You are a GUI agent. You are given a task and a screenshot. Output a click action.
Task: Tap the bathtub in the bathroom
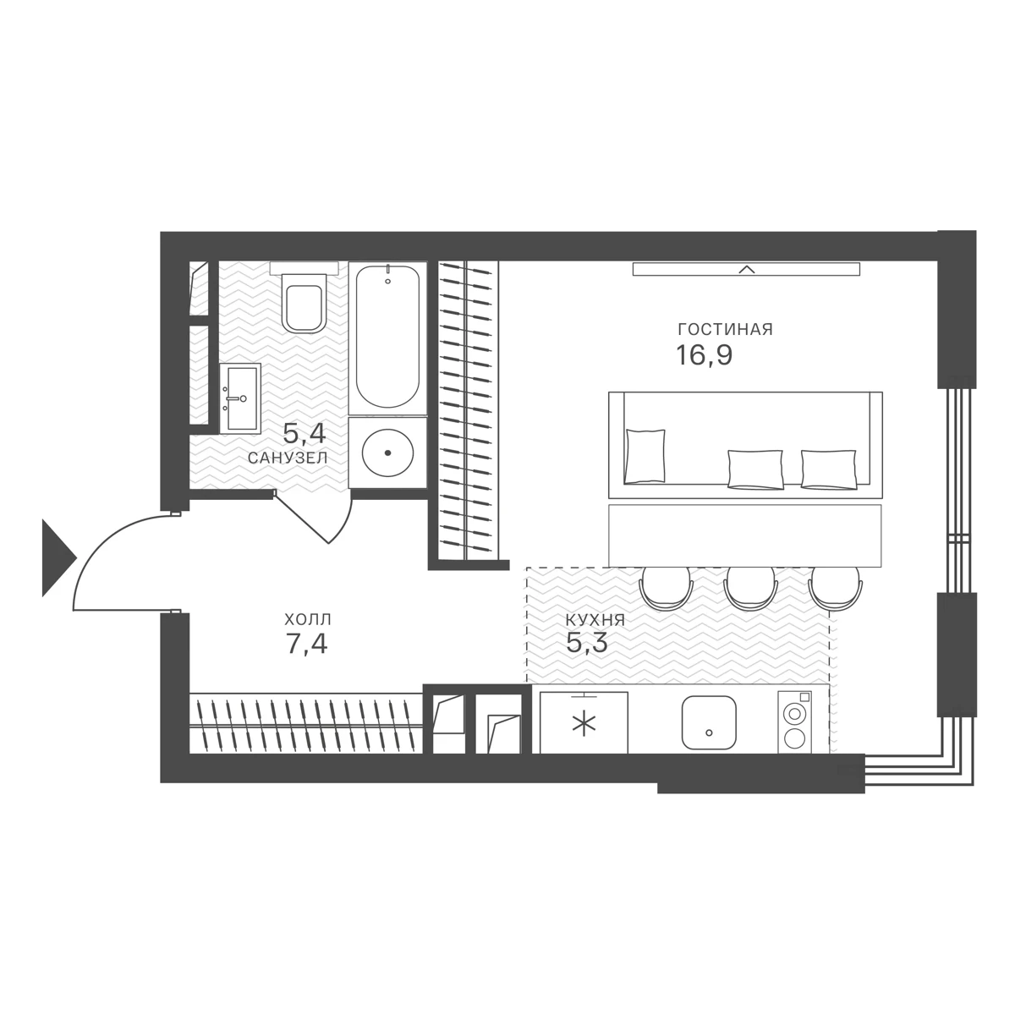[x=387, y=337]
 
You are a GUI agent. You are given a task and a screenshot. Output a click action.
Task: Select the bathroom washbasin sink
[x=241, y=398]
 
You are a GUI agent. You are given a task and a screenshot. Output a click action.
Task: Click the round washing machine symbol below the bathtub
[x=387, y=453]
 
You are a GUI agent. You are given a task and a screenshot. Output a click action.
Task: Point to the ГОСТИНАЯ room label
[x=725, y=330]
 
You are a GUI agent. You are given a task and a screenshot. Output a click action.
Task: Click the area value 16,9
[x=705, y=355]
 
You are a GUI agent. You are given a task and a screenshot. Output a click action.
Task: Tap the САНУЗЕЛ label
[x=288, y=458]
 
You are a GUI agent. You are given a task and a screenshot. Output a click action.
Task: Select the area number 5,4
[x=304, y=434]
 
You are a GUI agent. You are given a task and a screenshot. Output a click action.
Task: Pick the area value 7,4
[x=306, y=643]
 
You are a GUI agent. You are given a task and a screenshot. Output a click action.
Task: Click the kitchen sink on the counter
[x=709, y=722]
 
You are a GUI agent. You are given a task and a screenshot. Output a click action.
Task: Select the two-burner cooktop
[x=795, y=721]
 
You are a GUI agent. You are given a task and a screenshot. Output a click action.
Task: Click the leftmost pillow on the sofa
[x=645, y=456]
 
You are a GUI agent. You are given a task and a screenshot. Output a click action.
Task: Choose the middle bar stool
[x=749, y=587]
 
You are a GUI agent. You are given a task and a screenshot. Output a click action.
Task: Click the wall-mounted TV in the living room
[x=746, y=269]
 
